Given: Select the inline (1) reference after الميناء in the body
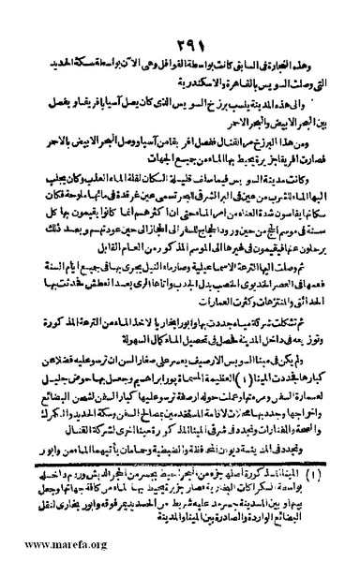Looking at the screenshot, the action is pyautogui.click(x=217, y=390).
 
